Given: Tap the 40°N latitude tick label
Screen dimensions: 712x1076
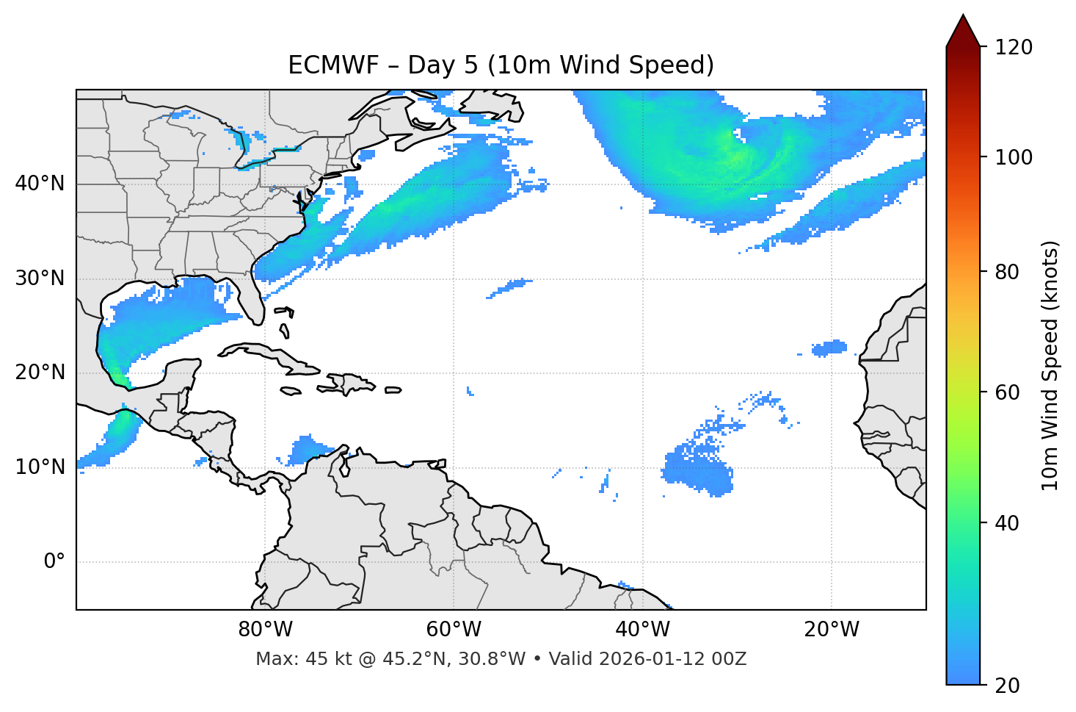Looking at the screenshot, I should (40, 183).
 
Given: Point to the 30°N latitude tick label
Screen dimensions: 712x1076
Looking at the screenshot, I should (40, 278).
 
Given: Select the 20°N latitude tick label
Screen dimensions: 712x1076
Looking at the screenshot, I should (40, 373).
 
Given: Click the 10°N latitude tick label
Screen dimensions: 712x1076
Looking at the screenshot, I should (40, 467).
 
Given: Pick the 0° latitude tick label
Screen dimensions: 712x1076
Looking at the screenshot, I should (54, 562).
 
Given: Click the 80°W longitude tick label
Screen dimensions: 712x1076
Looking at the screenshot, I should (265, 630).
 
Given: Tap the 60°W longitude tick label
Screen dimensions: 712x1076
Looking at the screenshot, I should (454, 630).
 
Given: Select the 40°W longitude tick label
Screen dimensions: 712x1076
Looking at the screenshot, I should (642, 630).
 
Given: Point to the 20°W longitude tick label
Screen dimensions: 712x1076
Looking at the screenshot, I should (831, 630).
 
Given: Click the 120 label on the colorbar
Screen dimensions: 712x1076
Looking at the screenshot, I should (1014, 47).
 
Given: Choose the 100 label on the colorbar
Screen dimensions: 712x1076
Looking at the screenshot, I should (1014, 157).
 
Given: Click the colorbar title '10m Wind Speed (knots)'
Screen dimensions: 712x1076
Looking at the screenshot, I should (1050, 366).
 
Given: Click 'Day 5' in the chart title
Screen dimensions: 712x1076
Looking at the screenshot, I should (442, 65).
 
